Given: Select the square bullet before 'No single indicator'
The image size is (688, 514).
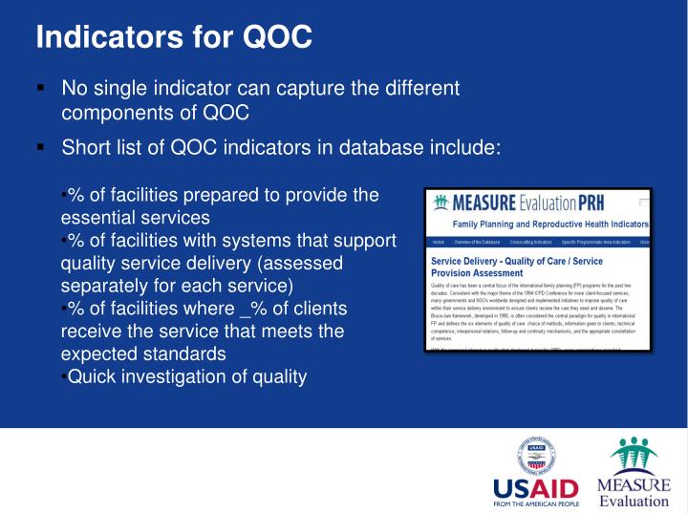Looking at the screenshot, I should pyautogui.click(x=40, y=88).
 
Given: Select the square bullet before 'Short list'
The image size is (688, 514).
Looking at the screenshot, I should pyautogui.click(x=40, y=148).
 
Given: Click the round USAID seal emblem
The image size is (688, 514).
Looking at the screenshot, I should pyautogui.click(x=538, y=452).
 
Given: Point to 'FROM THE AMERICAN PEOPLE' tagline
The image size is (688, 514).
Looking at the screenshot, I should pyautogui.click(x=536, y=502).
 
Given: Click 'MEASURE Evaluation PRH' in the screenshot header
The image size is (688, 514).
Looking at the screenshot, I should pyautogui.click(x=524, y=203).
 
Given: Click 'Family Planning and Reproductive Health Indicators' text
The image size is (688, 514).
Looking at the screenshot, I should pyautogui.click(x=550, y=225).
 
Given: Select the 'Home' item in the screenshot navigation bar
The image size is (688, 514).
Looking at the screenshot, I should pyautogui.click(x=438, y=243).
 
